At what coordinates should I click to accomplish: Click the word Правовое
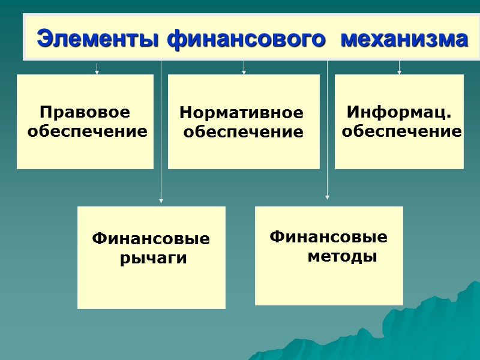(85, 112)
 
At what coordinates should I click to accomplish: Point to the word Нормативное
(242, 113)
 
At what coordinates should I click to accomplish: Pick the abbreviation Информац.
(398, 112)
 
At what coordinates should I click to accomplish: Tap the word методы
(343, 257)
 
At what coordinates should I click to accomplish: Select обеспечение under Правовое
(88, 131)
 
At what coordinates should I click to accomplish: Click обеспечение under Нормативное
(243, 132)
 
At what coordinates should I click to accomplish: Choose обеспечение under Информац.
(401, 131)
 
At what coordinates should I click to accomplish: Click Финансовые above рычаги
(151, 239)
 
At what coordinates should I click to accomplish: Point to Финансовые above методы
(329, 237)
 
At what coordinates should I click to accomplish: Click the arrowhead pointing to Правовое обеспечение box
(97, 72)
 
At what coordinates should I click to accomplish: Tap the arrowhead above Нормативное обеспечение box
(244, 72)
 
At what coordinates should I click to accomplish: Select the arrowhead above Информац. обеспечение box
(399, 72)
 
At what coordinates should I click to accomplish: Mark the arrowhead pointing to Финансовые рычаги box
(161, 201)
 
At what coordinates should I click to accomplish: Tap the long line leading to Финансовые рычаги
(161, 132)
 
